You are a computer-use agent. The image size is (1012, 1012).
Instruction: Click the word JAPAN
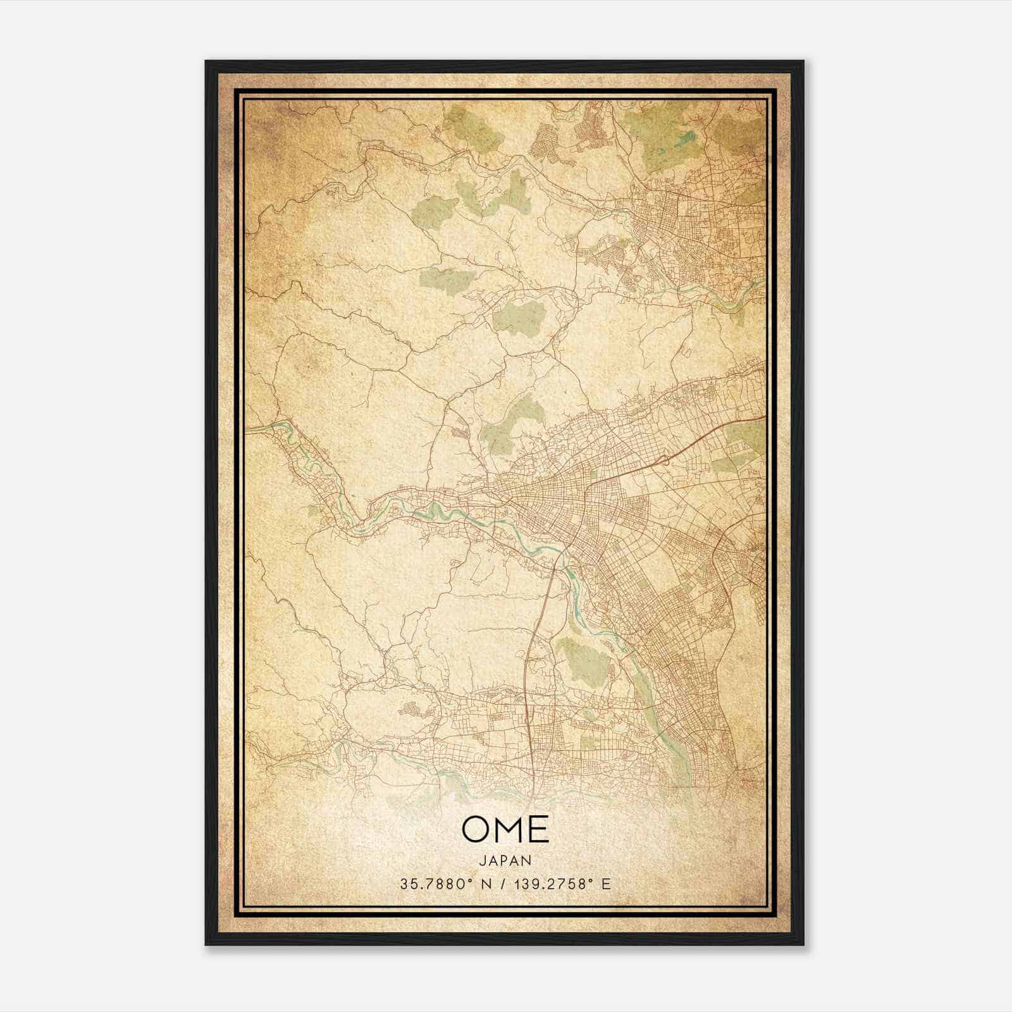505,860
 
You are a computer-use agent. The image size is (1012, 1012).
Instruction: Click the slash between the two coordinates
503,884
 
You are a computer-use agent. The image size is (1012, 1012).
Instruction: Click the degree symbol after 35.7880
472,880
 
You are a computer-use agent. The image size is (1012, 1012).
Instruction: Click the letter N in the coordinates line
485,884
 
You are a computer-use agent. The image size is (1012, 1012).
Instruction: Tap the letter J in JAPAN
482,860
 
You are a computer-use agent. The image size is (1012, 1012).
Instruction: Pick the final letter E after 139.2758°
607,884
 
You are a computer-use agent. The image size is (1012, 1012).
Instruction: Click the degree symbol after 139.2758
593,880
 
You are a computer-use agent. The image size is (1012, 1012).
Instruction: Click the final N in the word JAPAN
528,860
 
